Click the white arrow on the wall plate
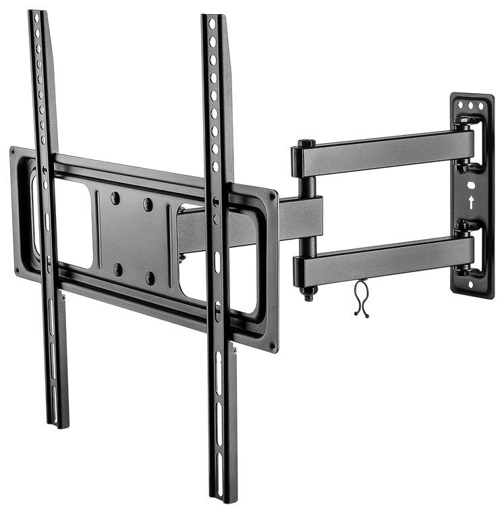[471, 200]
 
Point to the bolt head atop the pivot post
[305, 143]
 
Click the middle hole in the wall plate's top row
[471, 106]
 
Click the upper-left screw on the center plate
[115, 198]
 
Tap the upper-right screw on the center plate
[148, 203]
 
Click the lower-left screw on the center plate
[118, 269]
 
